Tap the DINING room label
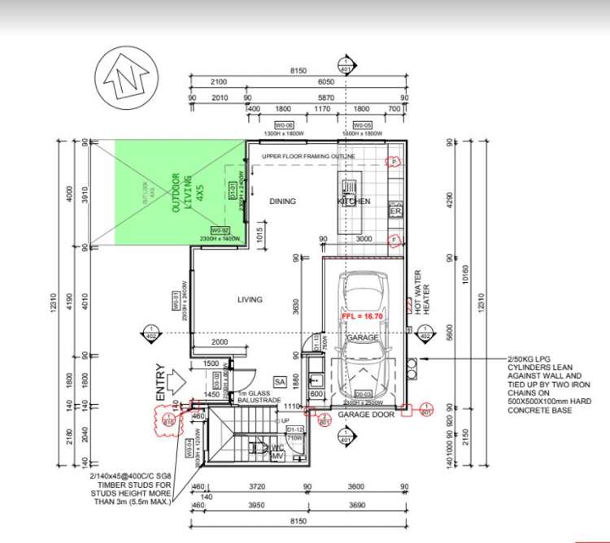282,201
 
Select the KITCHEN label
354,202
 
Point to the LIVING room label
250,300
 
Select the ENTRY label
161,380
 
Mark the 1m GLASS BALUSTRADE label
258,398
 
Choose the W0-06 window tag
283,126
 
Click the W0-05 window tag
362,126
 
